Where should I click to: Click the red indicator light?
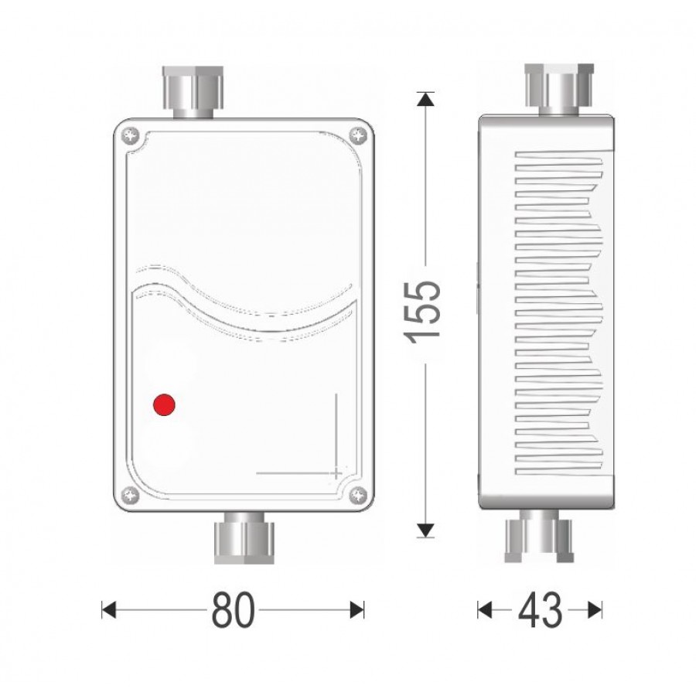tap(164, 404)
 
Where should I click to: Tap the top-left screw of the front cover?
tap(131, 136)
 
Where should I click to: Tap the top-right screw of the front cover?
tap(358, 136)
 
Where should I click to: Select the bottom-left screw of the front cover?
tap(131, 495)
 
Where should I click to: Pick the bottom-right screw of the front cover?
tap(358, 495)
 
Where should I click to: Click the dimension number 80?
tap(234, 609)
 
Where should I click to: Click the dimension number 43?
tap(541, 609)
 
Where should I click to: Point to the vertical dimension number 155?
tap(422, 312)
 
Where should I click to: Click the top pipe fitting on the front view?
tap(193, 92)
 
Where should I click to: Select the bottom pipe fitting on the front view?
tap(244, 538)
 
